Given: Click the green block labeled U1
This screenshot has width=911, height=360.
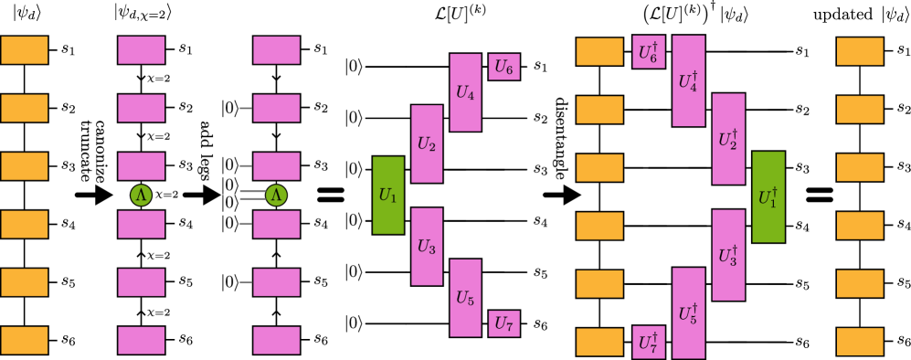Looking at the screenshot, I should [x=387, y=195].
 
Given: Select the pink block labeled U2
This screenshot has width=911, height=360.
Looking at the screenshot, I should [x=427, y=143].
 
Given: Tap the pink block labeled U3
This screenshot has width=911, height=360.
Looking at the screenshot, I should [x=427, y=246].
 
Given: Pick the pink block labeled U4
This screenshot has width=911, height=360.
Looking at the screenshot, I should [x=465, y=92].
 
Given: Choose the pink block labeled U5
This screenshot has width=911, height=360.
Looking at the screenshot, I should [x=465, y=298].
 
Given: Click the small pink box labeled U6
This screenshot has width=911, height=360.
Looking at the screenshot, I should [x=503, y=67].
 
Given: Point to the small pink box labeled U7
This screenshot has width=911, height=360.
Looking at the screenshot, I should [x=503, y=323].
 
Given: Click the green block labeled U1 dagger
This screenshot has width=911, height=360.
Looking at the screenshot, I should [x=768, y=196].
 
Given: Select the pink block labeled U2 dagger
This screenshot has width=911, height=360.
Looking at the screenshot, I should [x=728, y=139].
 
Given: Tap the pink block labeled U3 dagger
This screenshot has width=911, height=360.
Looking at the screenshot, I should [x=728, y=255].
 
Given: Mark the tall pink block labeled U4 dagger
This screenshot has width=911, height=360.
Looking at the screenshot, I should [x=688, y=80].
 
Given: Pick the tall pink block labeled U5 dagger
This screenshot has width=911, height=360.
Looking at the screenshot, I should [x=688, y=312].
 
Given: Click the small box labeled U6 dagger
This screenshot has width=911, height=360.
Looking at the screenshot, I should [x=648, y=52].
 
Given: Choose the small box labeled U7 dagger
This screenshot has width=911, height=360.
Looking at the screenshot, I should [x=648, y=342].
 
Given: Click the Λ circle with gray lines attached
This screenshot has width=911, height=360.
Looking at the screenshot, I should [x=276, y=195].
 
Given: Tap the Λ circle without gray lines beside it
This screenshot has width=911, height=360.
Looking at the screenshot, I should [x=141, y=195].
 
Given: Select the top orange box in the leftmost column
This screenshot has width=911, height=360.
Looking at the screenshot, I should [x=24, y=50].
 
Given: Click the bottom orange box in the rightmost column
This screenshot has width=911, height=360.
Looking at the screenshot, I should [x=860, y=342].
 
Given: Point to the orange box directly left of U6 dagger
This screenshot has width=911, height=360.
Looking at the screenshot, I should [x=599, y=51].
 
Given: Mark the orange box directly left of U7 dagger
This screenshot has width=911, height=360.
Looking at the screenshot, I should [x=599, y=342].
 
